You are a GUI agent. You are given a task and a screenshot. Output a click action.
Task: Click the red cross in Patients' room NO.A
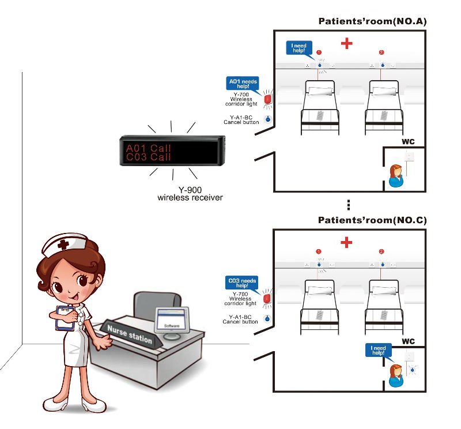coord(346,43)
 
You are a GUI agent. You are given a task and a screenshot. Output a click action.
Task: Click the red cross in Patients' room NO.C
coord(346,242)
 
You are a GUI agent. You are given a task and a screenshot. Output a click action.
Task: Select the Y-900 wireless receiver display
coord(172,149)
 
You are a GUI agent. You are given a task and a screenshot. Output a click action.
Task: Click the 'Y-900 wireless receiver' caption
coord(190,194)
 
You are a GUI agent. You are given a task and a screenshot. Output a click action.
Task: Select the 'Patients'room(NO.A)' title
coord(372,22)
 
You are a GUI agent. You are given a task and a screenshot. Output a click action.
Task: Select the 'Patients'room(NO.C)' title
coord(372,220)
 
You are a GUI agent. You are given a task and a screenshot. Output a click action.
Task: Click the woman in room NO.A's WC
coord(396,175)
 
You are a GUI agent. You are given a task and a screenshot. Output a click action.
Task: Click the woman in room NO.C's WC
coord(396,375)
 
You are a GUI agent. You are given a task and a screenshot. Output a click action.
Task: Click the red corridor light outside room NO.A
coord(267,99)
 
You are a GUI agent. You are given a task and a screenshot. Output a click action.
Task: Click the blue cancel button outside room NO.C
coord(267,319)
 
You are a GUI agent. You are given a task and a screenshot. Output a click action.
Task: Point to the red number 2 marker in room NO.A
coord(381,53)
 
